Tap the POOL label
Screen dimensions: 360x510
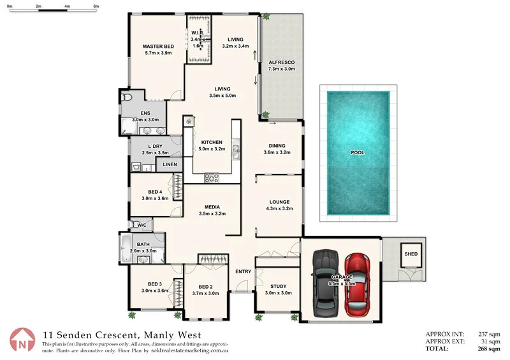click(358, 153)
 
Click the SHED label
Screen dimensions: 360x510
click(411, 254)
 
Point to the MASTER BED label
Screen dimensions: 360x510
click(158, 47)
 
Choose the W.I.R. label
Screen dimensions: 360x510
click(197, 34)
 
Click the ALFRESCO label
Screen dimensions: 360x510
click(281, 62)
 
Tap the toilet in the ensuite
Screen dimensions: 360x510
click(126, 97)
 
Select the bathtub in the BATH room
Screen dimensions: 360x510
click(125, 248)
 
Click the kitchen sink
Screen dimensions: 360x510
click(236, 150)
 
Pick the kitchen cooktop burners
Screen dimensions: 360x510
click(212, 178)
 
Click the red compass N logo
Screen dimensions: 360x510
click(22, 340)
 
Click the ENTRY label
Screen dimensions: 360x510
click(243, 271)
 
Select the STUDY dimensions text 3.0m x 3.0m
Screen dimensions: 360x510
click(279, 293)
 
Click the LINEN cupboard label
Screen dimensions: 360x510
click(170, 164)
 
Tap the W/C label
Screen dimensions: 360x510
click(141, 224)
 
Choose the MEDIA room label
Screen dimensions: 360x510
click(212, 206)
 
